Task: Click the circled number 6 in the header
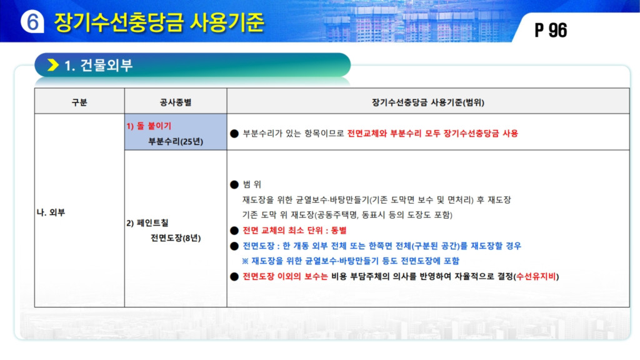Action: pyautogui.click(x=32, y=22)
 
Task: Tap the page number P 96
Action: pyautogui.click(x=551, y=30)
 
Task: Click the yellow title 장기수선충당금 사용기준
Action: pyautogui.click(x=159, y=22)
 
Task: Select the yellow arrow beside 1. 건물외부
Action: pyautogui.click(x=53, y=65)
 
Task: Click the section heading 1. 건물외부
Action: pyautogui.click(x=98, y=65)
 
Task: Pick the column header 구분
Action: pyautogui.click(x=79, y=102)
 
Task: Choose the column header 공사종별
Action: pyautogui.click(x=176, y=102)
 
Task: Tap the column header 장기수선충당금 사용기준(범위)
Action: pyautogui.click(x=427, y=102)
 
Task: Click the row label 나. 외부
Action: pyautogui.click(x=51, y=212)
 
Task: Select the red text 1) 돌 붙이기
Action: pyautogui.click(x=149, y=126)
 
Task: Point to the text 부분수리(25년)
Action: pyautogui.click(x=176, y=141)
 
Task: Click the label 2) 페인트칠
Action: pyautogui.click(x=147, y=223)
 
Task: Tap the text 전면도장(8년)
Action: pyautogui.click(x=176, y=238)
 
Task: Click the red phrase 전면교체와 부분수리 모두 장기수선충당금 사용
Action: pyautogui.click(x=432, y=134)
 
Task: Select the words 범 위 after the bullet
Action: pyautogui.click(x=252, y=184)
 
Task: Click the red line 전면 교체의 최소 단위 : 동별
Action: pyautogui.click(x=295, y=230)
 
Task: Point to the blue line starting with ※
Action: pyautogui.click(x=351, y=261)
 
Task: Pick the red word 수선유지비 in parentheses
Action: pyautogui.click(x=536, y=276)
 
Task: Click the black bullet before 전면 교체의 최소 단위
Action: pyautogui.click(x=234, y=231)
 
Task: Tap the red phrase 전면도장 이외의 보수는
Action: pyautogui.click(x=285, y=276)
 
